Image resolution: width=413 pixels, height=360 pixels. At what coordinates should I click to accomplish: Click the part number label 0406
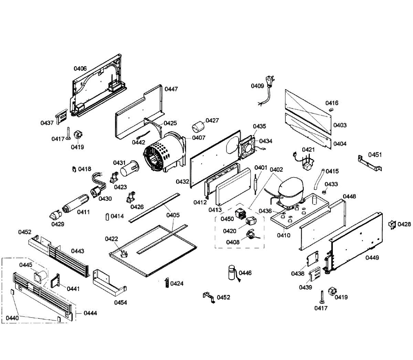click(x=80, y=68)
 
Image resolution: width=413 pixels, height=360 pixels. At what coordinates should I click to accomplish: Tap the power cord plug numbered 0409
click(x=266, y=91)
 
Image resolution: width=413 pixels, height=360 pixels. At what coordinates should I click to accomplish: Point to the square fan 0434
click(x=247, y=147)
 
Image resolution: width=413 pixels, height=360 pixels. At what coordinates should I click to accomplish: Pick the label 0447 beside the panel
click(x=171, y=89)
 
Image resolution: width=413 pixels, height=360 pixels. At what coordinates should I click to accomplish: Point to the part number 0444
click(x=90, y=313)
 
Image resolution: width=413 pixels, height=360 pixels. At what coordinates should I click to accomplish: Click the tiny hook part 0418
click(x=74, y=169)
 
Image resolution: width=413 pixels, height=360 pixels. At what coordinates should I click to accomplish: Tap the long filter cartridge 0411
click(x=75, y=203)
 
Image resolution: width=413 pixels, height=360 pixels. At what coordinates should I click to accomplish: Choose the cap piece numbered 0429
click(x=55, y=215)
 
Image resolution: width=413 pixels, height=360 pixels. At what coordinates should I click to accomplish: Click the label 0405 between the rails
click(x=173, y=215)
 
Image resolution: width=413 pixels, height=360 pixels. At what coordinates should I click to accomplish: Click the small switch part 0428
click(x=392, y=225)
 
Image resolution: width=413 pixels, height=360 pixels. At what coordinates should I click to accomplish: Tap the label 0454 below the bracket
click(x=120, y=303)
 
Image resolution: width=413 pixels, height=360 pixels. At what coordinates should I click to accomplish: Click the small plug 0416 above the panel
click(x=331, y=110)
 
